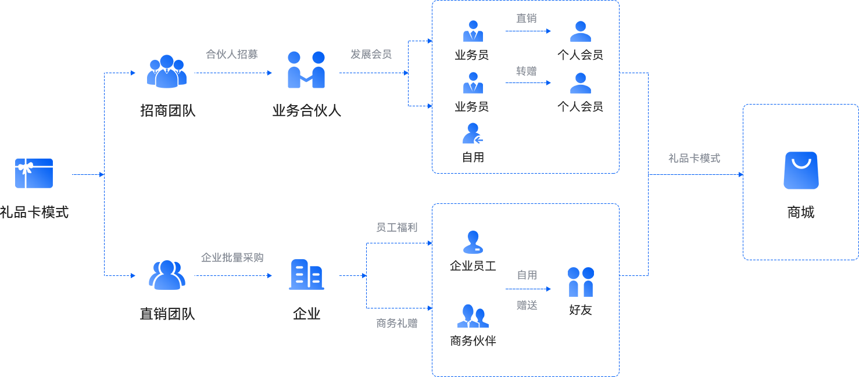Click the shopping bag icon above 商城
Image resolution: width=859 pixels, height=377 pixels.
point(801,170)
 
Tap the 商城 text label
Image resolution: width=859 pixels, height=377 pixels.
point(801,213)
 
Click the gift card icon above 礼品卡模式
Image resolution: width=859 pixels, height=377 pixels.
point(34,173)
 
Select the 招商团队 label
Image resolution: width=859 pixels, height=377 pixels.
point(167,110)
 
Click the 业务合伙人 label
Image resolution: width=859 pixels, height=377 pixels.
point(306,110)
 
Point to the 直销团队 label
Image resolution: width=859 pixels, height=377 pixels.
point(167,314)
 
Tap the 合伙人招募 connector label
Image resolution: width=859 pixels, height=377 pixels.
point(231,55)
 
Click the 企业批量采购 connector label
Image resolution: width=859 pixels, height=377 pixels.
point(232,257)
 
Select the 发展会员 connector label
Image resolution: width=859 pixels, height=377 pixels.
point(371,55)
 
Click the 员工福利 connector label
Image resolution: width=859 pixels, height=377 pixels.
point(397,228)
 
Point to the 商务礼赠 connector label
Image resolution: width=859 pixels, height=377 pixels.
point(397,324)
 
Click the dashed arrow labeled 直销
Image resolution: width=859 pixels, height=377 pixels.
point(528,31)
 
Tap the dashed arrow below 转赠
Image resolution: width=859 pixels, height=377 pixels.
point(528,83)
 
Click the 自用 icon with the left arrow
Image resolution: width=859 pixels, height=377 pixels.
point(473,134)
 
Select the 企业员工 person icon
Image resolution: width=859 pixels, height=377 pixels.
point(473,242)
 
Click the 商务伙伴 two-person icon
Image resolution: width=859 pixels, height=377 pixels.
point(473,317)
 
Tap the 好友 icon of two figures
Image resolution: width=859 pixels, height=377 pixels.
point(580,282)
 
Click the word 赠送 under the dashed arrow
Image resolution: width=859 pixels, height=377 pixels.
point(527,306)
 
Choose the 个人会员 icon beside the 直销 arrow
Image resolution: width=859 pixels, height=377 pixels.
point(580,31)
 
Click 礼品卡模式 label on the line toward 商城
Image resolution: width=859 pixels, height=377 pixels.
point(694,158)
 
